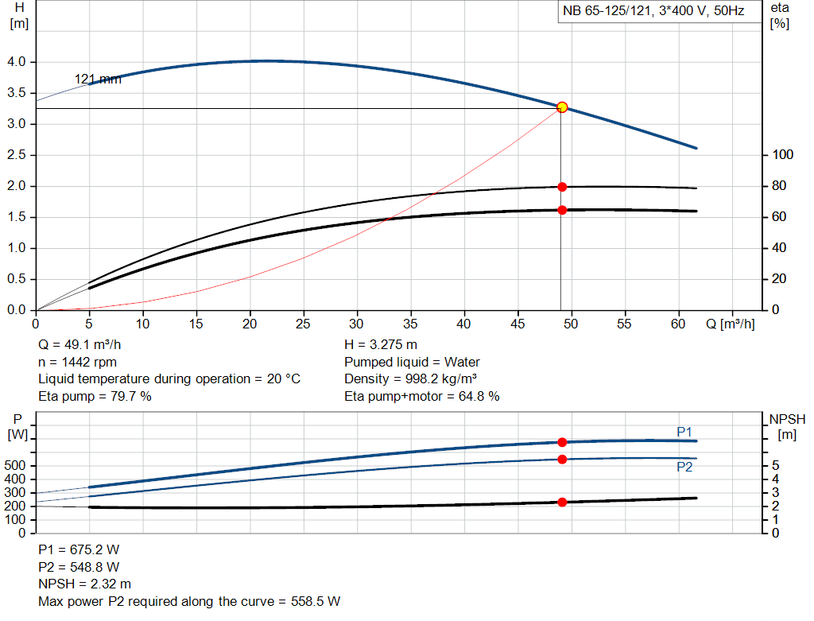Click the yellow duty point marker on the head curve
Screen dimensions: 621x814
coord(562,107)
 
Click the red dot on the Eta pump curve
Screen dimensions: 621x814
coord(562,187)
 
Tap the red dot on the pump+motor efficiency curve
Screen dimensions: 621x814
coord(562,210)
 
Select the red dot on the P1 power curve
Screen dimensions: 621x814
coord(562,442)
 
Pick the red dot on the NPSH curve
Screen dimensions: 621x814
coord(562,503)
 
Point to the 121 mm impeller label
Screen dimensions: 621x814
coord(98,79)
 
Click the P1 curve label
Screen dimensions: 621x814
coord(684,432)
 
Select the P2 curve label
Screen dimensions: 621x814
coord(684,468)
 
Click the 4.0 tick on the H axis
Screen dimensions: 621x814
coord(18,62)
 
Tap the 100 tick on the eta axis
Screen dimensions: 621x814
coord(782,155)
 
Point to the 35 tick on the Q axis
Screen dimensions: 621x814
coord(410,324)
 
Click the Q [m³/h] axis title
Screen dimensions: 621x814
coord(729,324)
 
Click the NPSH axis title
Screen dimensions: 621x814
coord(786,426)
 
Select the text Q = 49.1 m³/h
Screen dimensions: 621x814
coord(80,345)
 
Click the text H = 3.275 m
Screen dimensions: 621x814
coord(381,345)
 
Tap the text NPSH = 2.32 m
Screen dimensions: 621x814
coord(85,584)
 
